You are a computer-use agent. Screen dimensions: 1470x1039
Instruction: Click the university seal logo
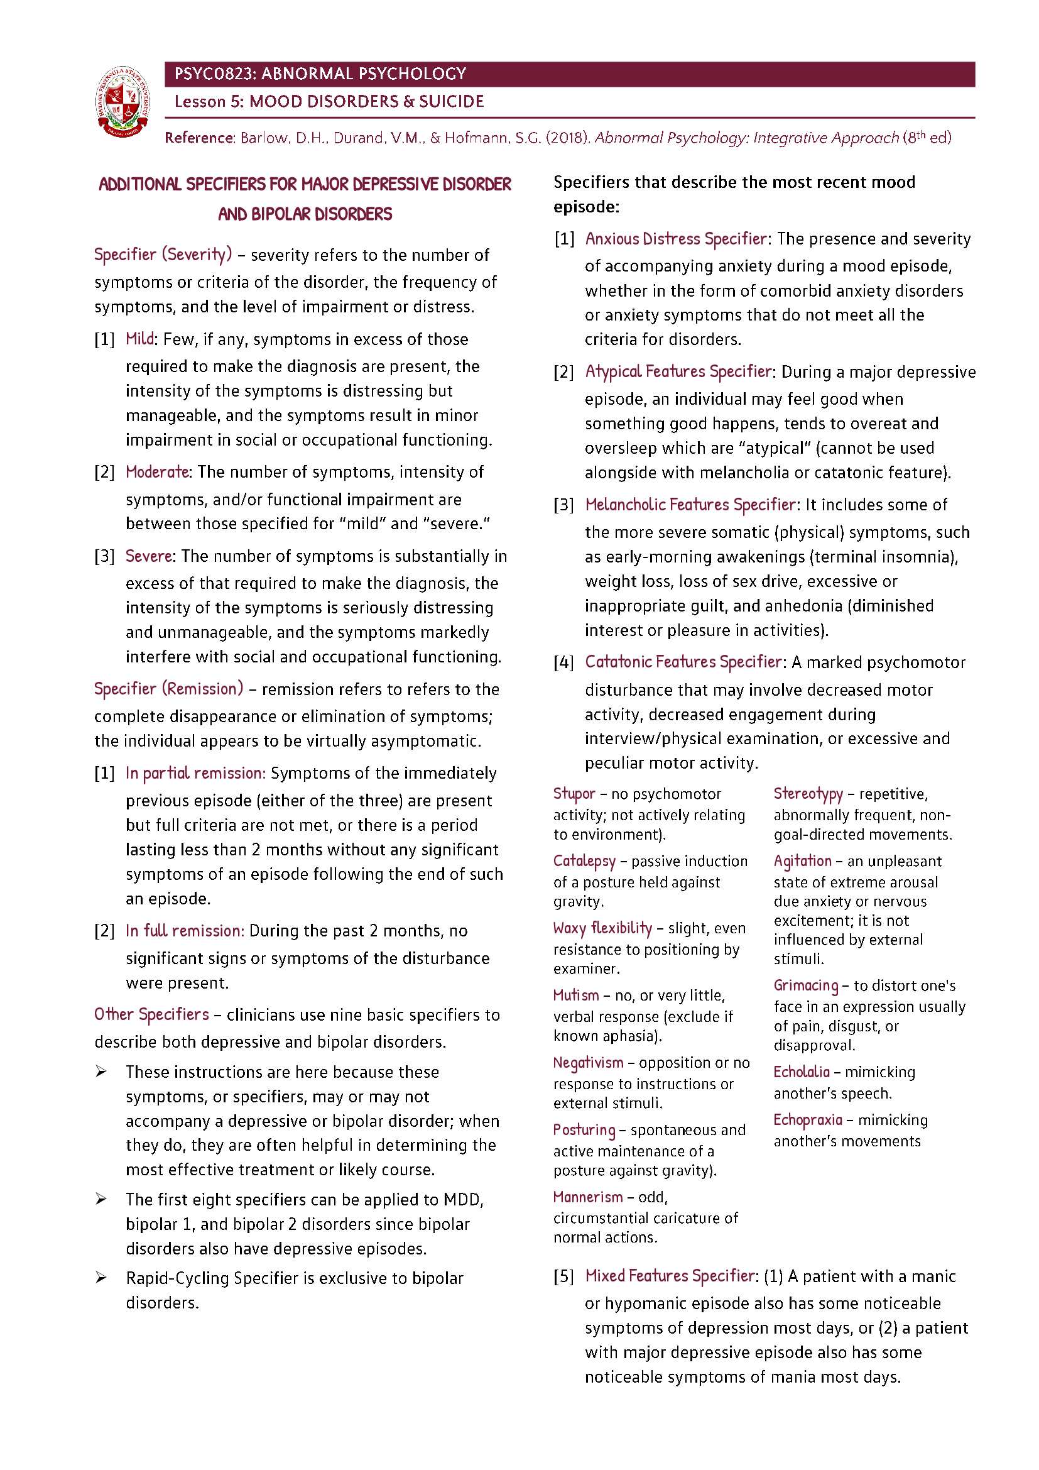[x=123, y=102]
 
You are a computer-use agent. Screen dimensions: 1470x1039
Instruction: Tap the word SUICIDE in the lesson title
[x=451, y=102]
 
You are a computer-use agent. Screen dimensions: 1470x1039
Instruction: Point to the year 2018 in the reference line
[x=566, y=138]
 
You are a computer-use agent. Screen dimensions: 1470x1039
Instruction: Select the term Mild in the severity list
[x=140, y=339]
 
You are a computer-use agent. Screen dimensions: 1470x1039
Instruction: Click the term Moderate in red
[x=158, y=472]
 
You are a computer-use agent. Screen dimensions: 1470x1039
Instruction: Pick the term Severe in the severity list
[x=148, y=556]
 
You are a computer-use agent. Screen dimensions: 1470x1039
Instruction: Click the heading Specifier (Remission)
[x=168, y=689]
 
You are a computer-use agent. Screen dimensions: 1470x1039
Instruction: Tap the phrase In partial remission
[x=195, y=773]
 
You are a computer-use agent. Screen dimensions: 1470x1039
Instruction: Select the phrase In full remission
[x=185, y=930]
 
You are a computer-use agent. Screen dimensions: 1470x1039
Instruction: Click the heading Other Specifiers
[x=151, y=1014]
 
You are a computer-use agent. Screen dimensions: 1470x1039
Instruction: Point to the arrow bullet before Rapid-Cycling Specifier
[x=101, y=1277]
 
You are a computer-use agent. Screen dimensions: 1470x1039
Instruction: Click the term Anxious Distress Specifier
[x=677, y=239]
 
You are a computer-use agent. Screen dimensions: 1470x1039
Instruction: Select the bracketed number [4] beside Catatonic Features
[x=563, y=662]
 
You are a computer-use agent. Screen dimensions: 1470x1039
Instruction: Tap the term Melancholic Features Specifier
[x=690, y=505]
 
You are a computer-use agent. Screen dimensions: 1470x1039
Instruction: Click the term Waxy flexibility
[x=602, y=928]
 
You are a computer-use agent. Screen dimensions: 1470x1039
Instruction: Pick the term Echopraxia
[x=807, y=1120]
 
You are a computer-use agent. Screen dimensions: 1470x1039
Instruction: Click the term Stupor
[x=574, y=794]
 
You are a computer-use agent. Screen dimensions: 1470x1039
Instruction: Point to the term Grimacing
[x=805, y=985]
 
